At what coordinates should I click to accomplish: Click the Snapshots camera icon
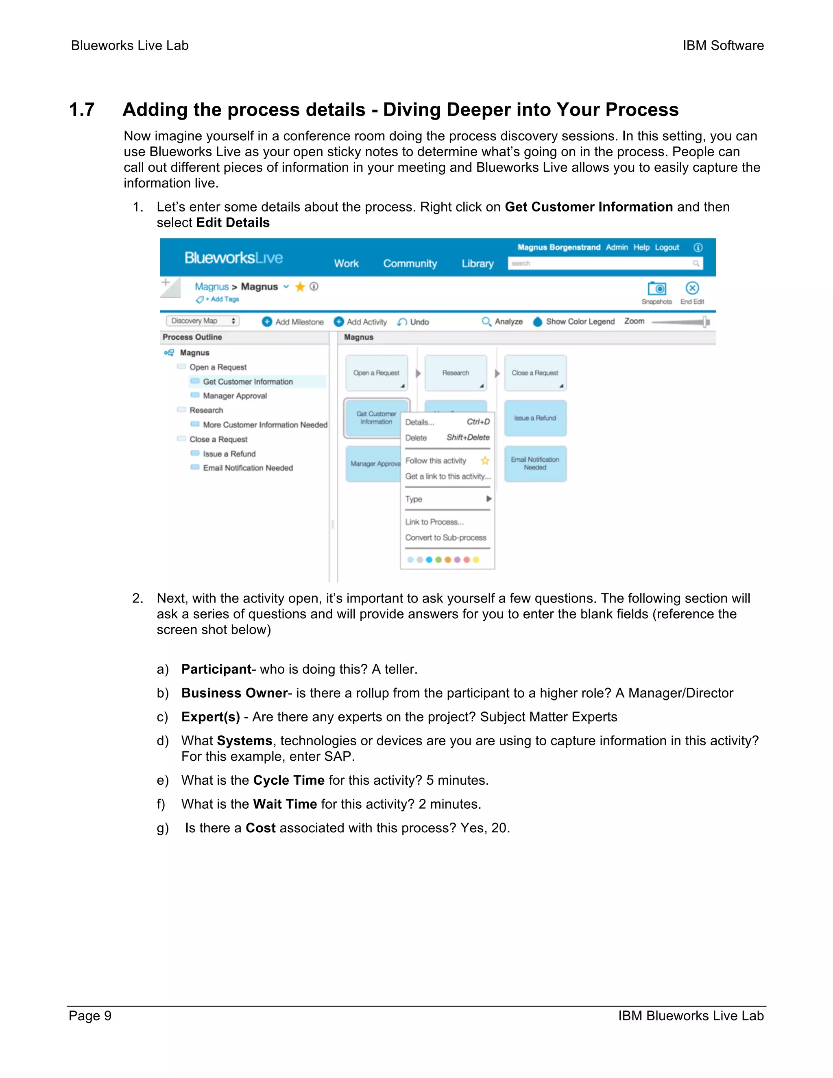[657, 289]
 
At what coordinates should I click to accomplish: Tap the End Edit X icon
[692, 288]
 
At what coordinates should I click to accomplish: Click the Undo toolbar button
[413, 322]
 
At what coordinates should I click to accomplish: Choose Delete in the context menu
[416, 438]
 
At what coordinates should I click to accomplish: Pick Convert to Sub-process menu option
[446, 537]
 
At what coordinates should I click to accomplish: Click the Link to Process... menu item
[434, 522]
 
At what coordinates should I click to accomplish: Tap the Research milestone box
[456, 373]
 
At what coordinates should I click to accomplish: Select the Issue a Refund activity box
[535, 418]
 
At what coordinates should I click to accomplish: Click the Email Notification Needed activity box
[535, 463]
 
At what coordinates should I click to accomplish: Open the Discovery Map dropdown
[203, 321]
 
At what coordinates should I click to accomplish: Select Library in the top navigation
[477, 264]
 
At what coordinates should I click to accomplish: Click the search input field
[600, 264]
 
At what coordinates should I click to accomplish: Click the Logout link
[667, 247]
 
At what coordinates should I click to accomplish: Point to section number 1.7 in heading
[82, 109]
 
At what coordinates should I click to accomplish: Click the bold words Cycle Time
[289, 780]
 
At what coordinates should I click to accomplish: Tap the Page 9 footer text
[90, 1016]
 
